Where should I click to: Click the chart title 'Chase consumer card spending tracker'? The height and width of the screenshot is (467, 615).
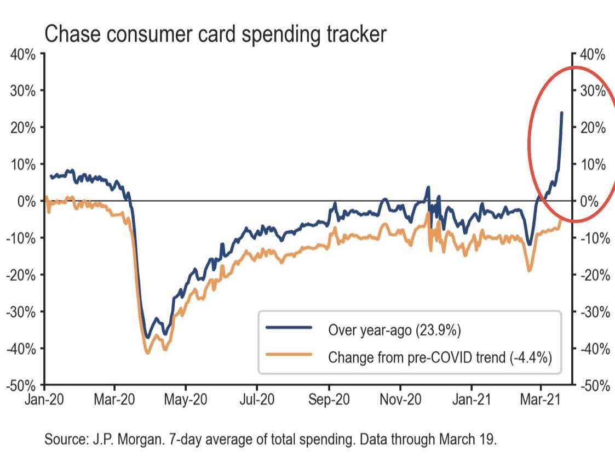tap(215, 35)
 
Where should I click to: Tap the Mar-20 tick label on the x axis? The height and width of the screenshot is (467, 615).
tap(114, 400)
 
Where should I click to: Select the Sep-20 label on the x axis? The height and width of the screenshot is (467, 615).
tap(329, 400)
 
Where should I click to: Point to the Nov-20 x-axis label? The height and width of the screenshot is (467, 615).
tap(400, 400)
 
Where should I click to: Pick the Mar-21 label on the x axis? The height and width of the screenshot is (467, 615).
tap(541, 400)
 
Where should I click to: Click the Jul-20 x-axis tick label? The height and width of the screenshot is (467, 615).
tap(257, 400)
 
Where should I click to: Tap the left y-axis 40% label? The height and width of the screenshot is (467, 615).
tap(23, 55)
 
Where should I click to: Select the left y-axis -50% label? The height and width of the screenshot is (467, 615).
tap(20, 386)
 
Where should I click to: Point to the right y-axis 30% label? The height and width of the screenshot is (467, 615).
tap(593, 91)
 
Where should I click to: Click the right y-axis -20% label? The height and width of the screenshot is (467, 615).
tap(595, 275)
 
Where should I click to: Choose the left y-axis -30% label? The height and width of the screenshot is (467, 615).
tap(20, 312)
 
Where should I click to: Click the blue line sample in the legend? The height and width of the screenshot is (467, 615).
tap(289, 327)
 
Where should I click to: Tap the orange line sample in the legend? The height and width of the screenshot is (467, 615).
tap(289, 355)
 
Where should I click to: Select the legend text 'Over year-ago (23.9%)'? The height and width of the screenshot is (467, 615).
tap(394, 330)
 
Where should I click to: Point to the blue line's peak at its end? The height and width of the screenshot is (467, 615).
tap(562, 113)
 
